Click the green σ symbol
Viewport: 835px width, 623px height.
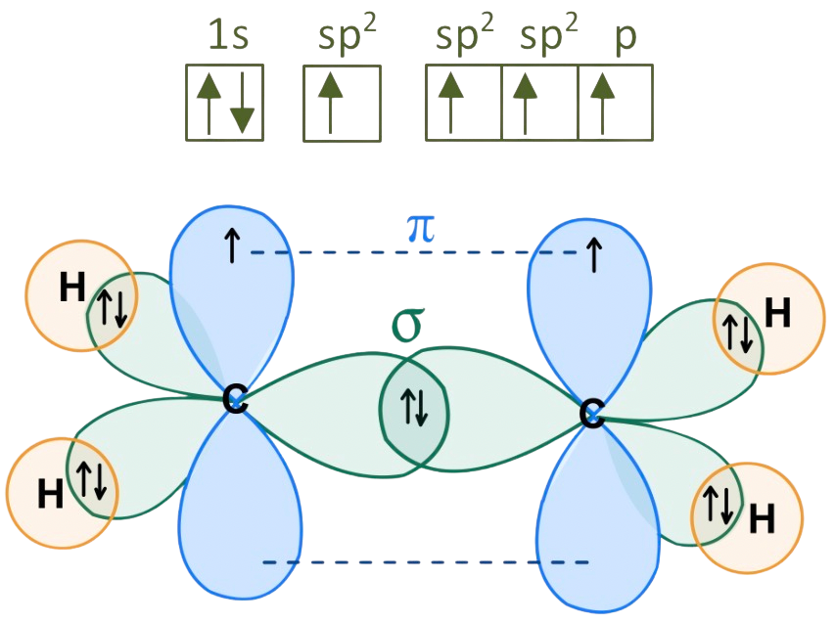coord(411,325)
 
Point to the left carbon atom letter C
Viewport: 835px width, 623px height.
coord(234,398)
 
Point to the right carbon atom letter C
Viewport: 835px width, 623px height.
coord(590,413)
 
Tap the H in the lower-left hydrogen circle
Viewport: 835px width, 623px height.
coord(50,495)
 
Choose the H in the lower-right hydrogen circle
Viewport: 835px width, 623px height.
coord(762,518)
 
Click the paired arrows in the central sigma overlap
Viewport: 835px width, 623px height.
coord(414,407)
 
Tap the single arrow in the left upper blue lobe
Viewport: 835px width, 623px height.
coord(231,247)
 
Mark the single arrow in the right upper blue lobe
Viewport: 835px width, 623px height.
coord(593,254)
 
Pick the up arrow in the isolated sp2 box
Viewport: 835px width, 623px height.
coord(331,102)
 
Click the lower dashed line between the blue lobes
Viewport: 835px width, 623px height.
coord(426,562)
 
